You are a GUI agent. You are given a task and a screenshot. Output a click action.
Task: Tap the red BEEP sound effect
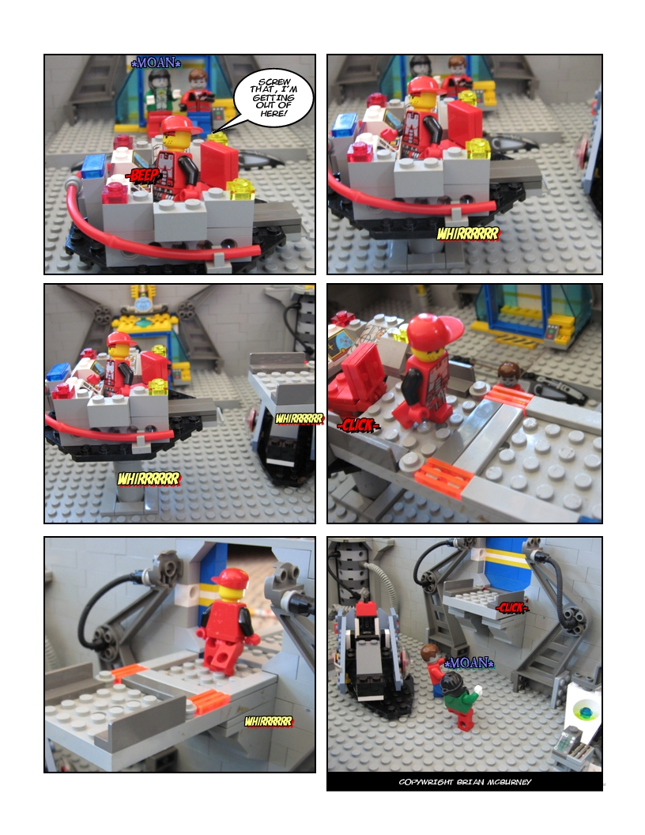tap(142, 176)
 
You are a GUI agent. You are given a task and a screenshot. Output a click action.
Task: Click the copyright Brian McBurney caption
tap(465, 782)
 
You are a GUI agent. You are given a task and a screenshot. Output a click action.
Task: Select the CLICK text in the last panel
tap(511, 607)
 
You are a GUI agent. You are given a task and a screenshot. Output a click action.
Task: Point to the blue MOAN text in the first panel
tap(156, 62)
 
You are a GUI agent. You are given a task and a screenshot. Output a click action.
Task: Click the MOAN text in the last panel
tap(468, 663)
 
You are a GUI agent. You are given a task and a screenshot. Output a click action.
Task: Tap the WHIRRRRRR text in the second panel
tap(468, 234)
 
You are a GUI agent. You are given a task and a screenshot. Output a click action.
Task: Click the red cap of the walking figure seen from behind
tap(231, 577)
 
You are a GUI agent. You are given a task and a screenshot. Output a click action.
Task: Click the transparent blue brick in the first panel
tap(94, 165)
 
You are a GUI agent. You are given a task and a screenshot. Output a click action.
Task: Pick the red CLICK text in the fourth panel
tap(358, 425)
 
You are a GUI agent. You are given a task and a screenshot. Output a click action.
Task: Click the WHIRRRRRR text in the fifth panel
tap(269, 722)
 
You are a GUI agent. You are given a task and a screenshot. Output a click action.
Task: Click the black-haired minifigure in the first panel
tap(159, 93)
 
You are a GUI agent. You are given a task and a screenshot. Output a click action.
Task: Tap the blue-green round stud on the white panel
tap(586, 711)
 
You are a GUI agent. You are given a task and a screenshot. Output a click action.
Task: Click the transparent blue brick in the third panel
tap(58, 371)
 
